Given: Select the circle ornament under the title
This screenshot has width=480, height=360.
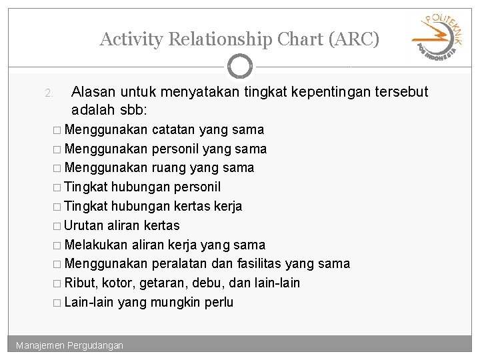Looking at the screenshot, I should pyautogui.click(x=240, y=67).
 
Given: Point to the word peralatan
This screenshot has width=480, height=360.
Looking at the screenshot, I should pyautogui.click(x=179, y=264).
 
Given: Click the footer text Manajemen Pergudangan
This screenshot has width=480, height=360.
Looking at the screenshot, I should pyautogui.click(x=70, y=345).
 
